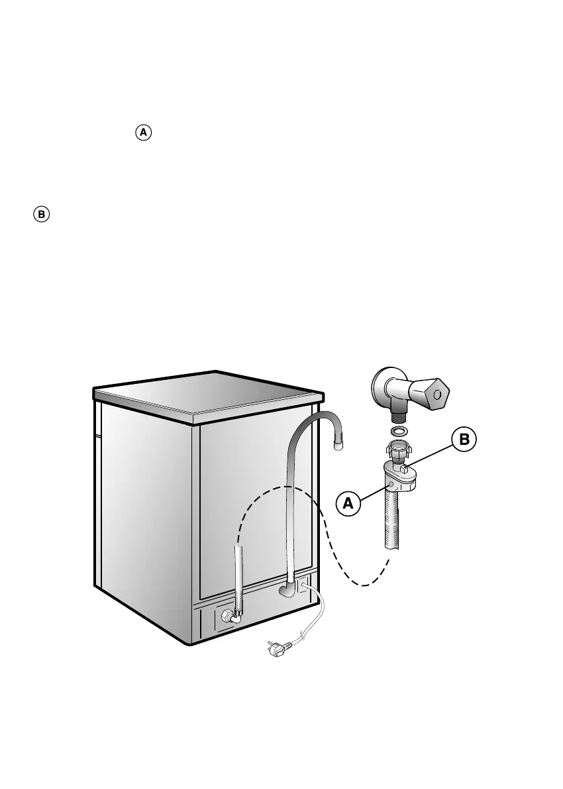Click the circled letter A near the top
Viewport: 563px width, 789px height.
pyautogui.click(x=144, y=133)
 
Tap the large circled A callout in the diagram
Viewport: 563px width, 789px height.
pyautogui.click(x=349, y=503)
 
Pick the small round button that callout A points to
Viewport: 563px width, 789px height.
pyautogui.click(x=393, y=486)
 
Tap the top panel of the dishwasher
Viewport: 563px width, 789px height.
pyautogui.click(x=205, y=396)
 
